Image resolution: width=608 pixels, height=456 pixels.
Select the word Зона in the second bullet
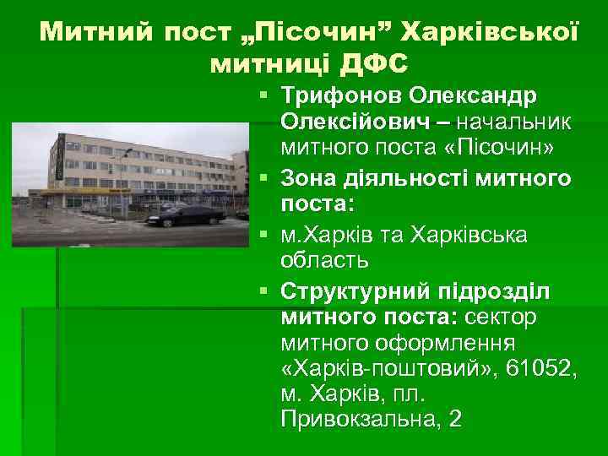tap(308, 178)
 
